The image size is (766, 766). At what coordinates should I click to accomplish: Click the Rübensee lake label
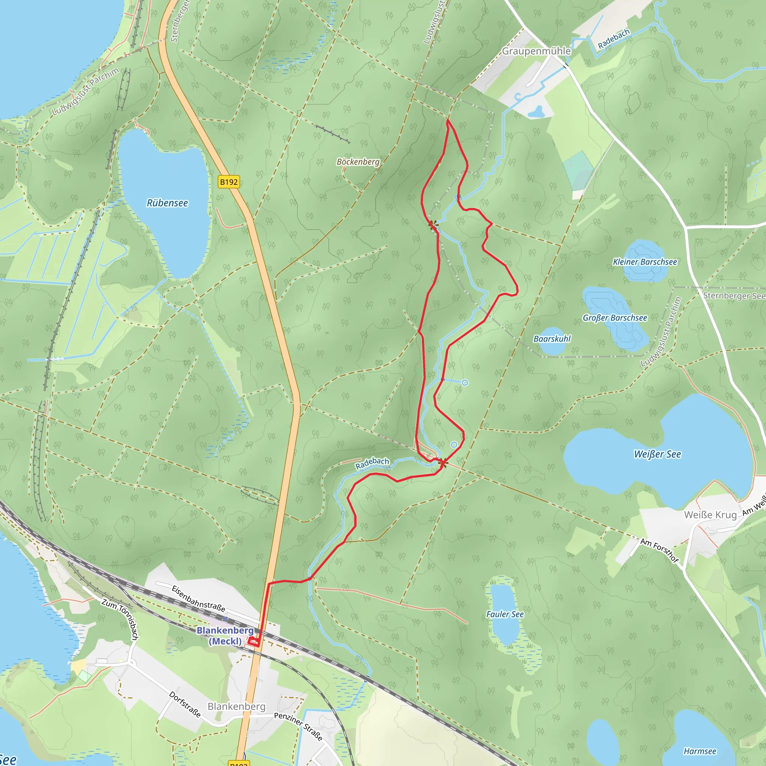click(167, 203)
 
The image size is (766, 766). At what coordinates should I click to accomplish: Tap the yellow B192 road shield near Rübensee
click(229, 182)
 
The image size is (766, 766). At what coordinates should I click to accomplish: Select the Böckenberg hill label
click(358, 162)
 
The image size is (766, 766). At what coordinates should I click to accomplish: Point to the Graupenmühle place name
click(536, 51)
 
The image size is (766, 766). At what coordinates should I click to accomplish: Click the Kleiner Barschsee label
click(645, 262)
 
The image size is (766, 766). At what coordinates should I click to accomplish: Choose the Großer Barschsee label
click(615, 318)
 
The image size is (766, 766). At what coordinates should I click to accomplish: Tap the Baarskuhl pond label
click(552, 338)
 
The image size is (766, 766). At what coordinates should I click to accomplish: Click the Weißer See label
click(658, 454)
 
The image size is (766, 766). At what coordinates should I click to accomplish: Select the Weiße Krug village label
click(711, 515)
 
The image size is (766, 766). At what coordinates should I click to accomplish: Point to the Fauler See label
click(505, 614)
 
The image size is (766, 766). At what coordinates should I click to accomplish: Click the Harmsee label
click(700, 751)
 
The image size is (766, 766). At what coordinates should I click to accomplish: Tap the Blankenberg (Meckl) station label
click(225, 635)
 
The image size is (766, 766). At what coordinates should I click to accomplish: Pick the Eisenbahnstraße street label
click(198, 599)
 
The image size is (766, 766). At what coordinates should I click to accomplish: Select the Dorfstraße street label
click(185, 704)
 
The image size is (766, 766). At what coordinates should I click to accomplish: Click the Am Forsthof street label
click(660, 550)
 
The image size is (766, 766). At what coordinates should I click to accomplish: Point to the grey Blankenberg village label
click(236, 706)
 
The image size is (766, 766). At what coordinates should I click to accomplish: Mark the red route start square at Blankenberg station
click(253, 641)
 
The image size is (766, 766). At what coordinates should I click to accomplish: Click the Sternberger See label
click(734, 296)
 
